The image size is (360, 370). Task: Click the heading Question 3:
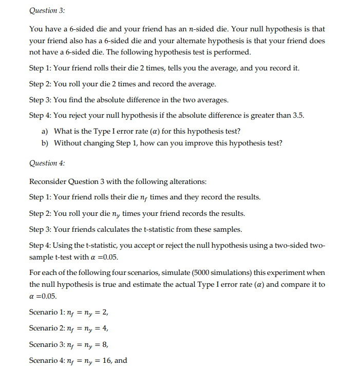47,10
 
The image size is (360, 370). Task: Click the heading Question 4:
47,163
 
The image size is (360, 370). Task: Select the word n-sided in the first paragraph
191,29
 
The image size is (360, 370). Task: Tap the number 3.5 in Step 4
297,115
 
